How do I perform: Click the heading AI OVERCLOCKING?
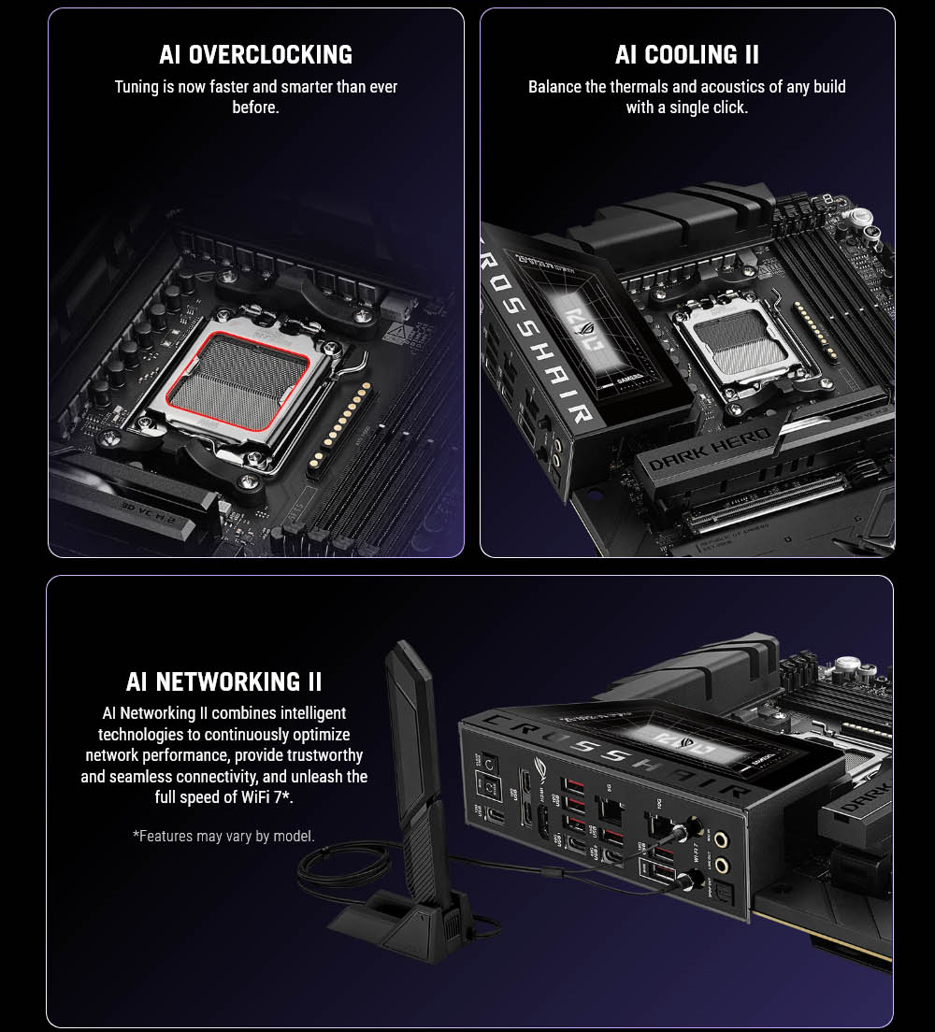point(255,55)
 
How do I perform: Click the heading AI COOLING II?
point(686,55)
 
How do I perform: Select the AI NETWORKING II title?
point(224,681)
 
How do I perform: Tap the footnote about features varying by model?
point(223,836)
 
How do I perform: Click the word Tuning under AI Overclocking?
point(137,87)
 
